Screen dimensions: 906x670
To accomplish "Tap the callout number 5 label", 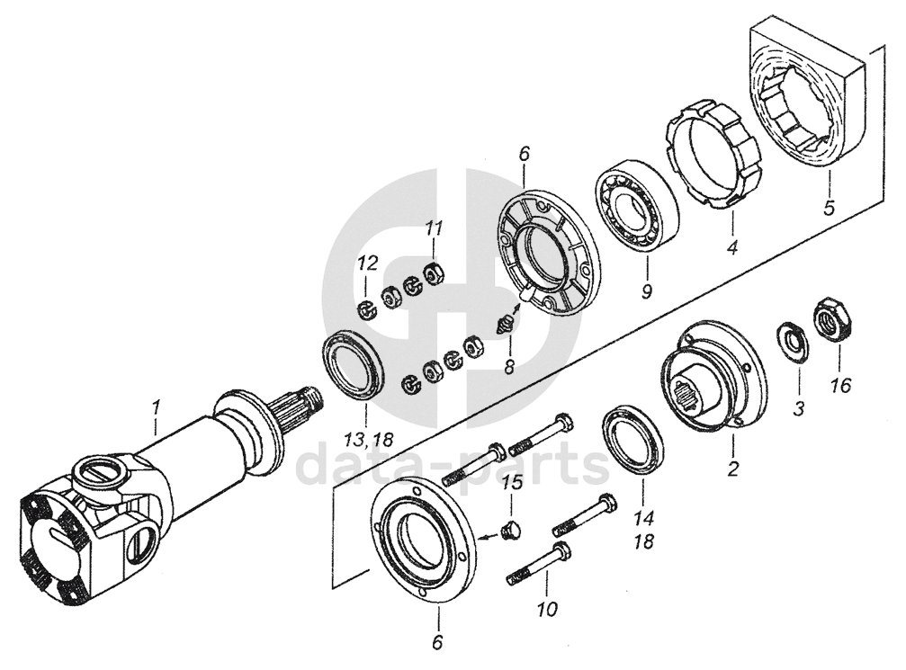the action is click(830, 207).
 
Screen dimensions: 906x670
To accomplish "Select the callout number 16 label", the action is click(841, 385).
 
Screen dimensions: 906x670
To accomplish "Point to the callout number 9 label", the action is click(647, 290).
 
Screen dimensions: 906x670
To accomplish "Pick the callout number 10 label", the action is click(548, 608).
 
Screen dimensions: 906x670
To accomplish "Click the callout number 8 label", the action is click(509, 367).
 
